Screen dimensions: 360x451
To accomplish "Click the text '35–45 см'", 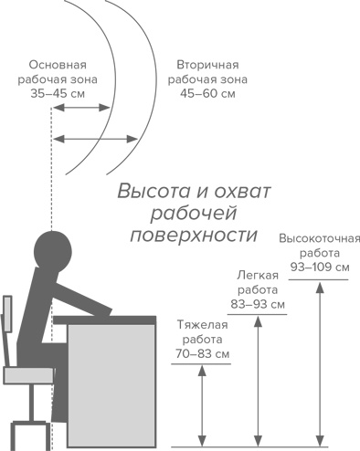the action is point(58,94).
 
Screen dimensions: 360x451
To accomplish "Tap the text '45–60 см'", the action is point(209,94).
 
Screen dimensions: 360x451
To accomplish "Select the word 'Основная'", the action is point(58,66).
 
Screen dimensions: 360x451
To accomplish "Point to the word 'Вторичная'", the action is point(208,66).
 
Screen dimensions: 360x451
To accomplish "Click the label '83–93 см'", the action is point(259,303).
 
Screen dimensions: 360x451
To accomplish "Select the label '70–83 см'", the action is point(201,351).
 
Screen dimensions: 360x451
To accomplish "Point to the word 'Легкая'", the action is point(258,274).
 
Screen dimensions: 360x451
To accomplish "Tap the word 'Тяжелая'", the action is point(201,322).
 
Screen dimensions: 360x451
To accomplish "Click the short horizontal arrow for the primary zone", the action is point(81,109).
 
